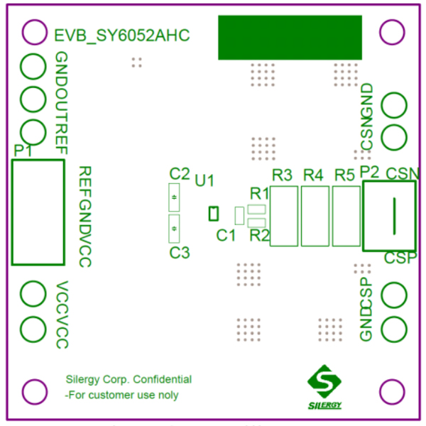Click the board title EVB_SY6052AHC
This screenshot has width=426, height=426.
pyautogui.click(x=122, y=35)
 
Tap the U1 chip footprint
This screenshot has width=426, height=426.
pyautogui.click(x=212, y=213)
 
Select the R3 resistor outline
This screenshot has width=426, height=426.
pyautogui.click(x=283, y=216)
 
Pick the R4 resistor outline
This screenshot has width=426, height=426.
pyautogui.click(x=315, y=216)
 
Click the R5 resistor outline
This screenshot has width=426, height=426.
pyautogui.click(x=346, y=216)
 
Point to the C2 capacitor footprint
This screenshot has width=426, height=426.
pyautogui.click(x=173, y=197)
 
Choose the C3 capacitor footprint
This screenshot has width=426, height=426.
pyautogui.click(x=173, y=229)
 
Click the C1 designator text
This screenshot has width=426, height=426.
pyautogui.click(x=226, y=236)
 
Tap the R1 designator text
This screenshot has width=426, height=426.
pyautogui.click(x=259, y=193)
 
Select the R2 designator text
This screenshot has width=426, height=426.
pyautogui.click(x=259, y=236)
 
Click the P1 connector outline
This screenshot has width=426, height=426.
pyautogui.click(x=38, y=212)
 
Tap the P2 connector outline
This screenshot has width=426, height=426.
pyautogui.click(x=389, y=216)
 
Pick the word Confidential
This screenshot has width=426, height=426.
pyautogui.click(x=162, y=380)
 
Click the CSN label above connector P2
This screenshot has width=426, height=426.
pyautogui.click(x=402, y=173)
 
